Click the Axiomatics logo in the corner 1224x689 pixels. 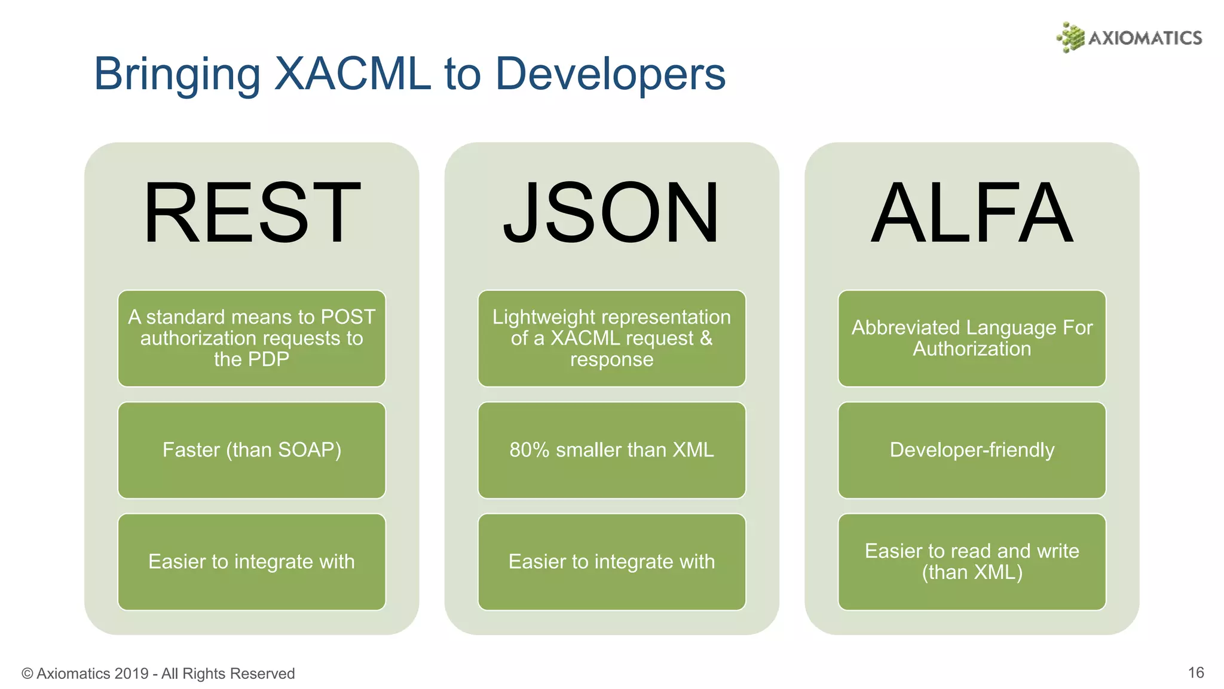(x=1129, y=38)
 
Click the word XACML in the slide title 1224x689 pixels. (x=352, y=74)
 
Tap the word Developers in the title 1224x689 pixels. (x=610, y=74)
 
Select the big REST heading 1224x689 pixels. (x=252, y=214)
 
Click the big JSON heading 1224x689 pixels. (x=611, y=214)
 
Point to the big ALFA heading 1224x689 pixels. (x=972, y=214)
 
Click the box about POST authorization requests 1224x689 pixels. (x=252, y=339)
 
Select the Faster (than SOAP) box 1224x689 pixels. (x=252, y=450)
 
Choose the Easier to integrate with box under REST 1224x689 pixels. (x=252, y=562)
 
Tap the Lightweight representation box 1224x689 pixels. (x=611, y=339)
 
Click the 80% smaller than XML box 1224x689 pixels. (x=611, y=450)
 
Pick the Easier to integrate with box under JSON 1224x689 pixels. (x=611, y=562)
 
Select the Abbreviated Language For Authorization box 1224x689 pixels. (x=972, y=339)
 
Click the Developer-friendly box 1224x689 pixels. (x=972, y=450)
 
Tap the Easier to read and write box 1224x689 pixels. (x=972, y=562)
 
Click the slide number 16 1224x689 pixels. (x=1195, y=673)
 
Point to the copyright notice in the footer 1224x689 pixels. (x=158, y=673)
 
